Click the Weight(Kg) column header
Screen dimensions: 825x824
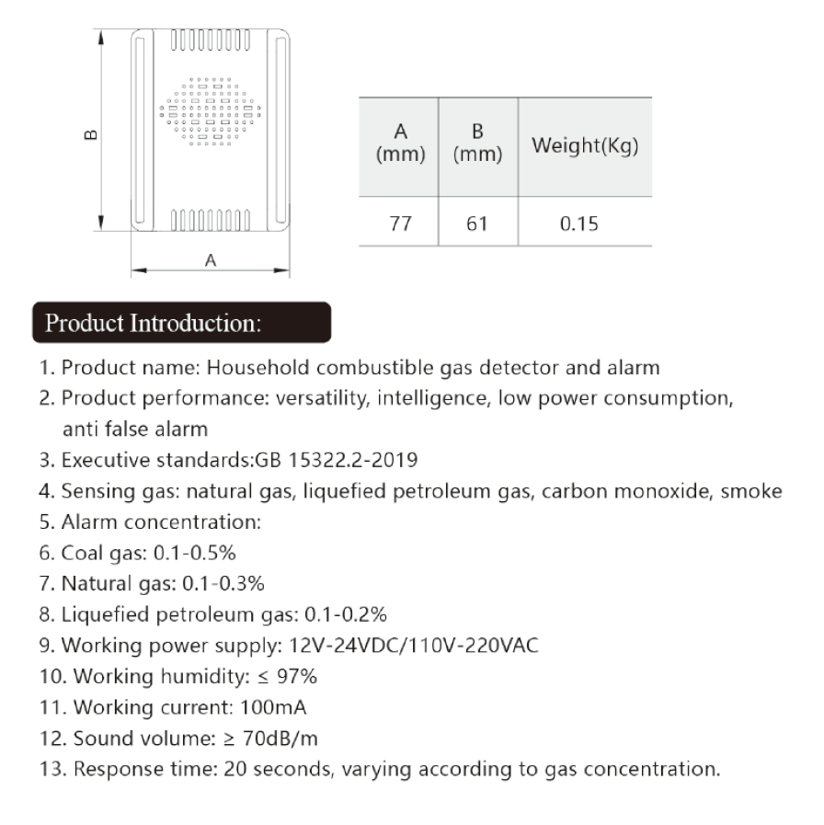(x=585, y=147)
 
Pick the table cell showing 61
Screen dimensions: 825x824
(x=476, y=223)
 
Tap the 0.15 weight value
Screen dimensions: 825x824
(x=585, y=223)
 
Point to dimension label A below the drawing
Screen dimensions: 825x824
(x=211, y=260)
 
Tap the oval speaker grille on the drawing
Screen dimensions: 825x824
(x=211, y=111)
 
